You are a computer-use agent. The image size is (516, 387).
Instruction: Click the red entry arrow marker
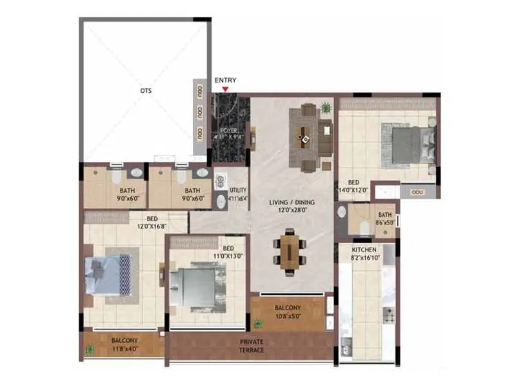pyautogui.click(x=225, y=88)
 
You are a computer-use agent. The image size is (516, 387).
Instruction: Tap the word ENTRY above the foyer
pyautogui.click(x=225, y=80)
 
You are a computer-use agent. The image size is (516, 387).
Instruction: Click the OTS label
pyautogui.click(x=146, y=91)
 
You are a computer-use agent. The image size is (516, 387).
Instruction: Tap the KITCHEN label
pyautogui.click(x=364, y=249)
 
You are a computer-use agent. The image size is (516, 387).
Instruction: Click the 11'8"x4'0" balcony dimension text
pyautogui.click(x=123, y=349)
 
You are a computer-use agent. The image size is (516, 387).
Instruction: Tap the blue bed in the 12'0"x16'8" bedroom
pyautogui.click(x=110, y=274)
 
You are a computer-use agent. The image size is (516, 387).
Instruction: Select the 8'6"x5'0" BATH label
pyautogui.click(x=385, y=218)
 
